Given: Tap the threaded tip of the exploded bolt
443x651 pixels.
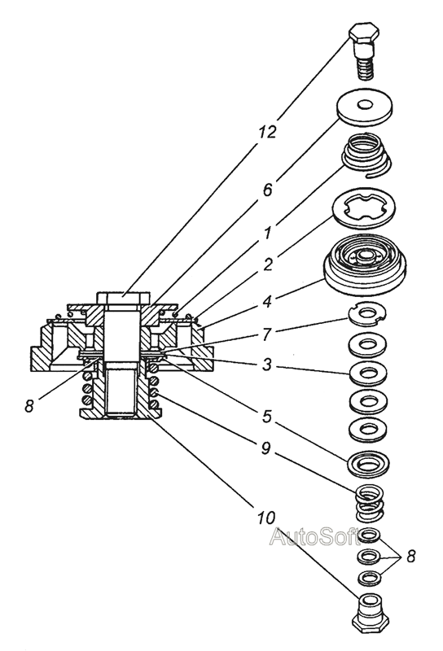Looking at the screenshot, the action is point(366,69).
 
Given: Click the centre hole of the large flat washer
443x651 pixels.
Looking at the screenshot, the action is point(365,104).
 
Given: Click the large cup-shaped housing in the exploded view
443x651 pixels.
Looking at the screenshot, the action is point(366,264).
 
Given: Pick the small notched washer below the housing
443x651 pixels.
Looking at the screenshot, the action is point(367,314).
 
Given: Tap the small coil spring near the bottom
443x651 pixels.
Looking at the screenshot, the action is point(369,503).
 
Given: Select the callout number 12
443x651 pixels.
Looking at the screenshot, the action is point(266,132).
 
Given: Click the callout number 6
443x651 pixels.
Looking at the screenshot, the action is point(267,190).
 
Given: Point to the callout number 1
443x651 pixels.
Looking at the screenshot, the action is point(268,234).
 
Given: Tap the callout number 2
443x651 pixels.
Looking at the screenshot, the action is point(268,264).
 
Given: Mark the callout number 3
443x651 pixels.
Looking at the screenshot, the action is point(267,365).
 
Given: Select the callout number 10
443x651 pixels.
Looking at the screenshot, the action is point(265,518).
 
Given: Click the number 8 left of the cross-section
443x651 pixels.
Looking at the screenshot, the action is point(29,406).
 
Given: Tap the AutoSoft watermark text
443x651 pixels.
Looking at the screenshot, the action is point(314,537).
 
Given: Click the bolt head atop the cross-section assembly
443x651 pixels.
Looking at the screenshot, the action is point(123,298).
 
